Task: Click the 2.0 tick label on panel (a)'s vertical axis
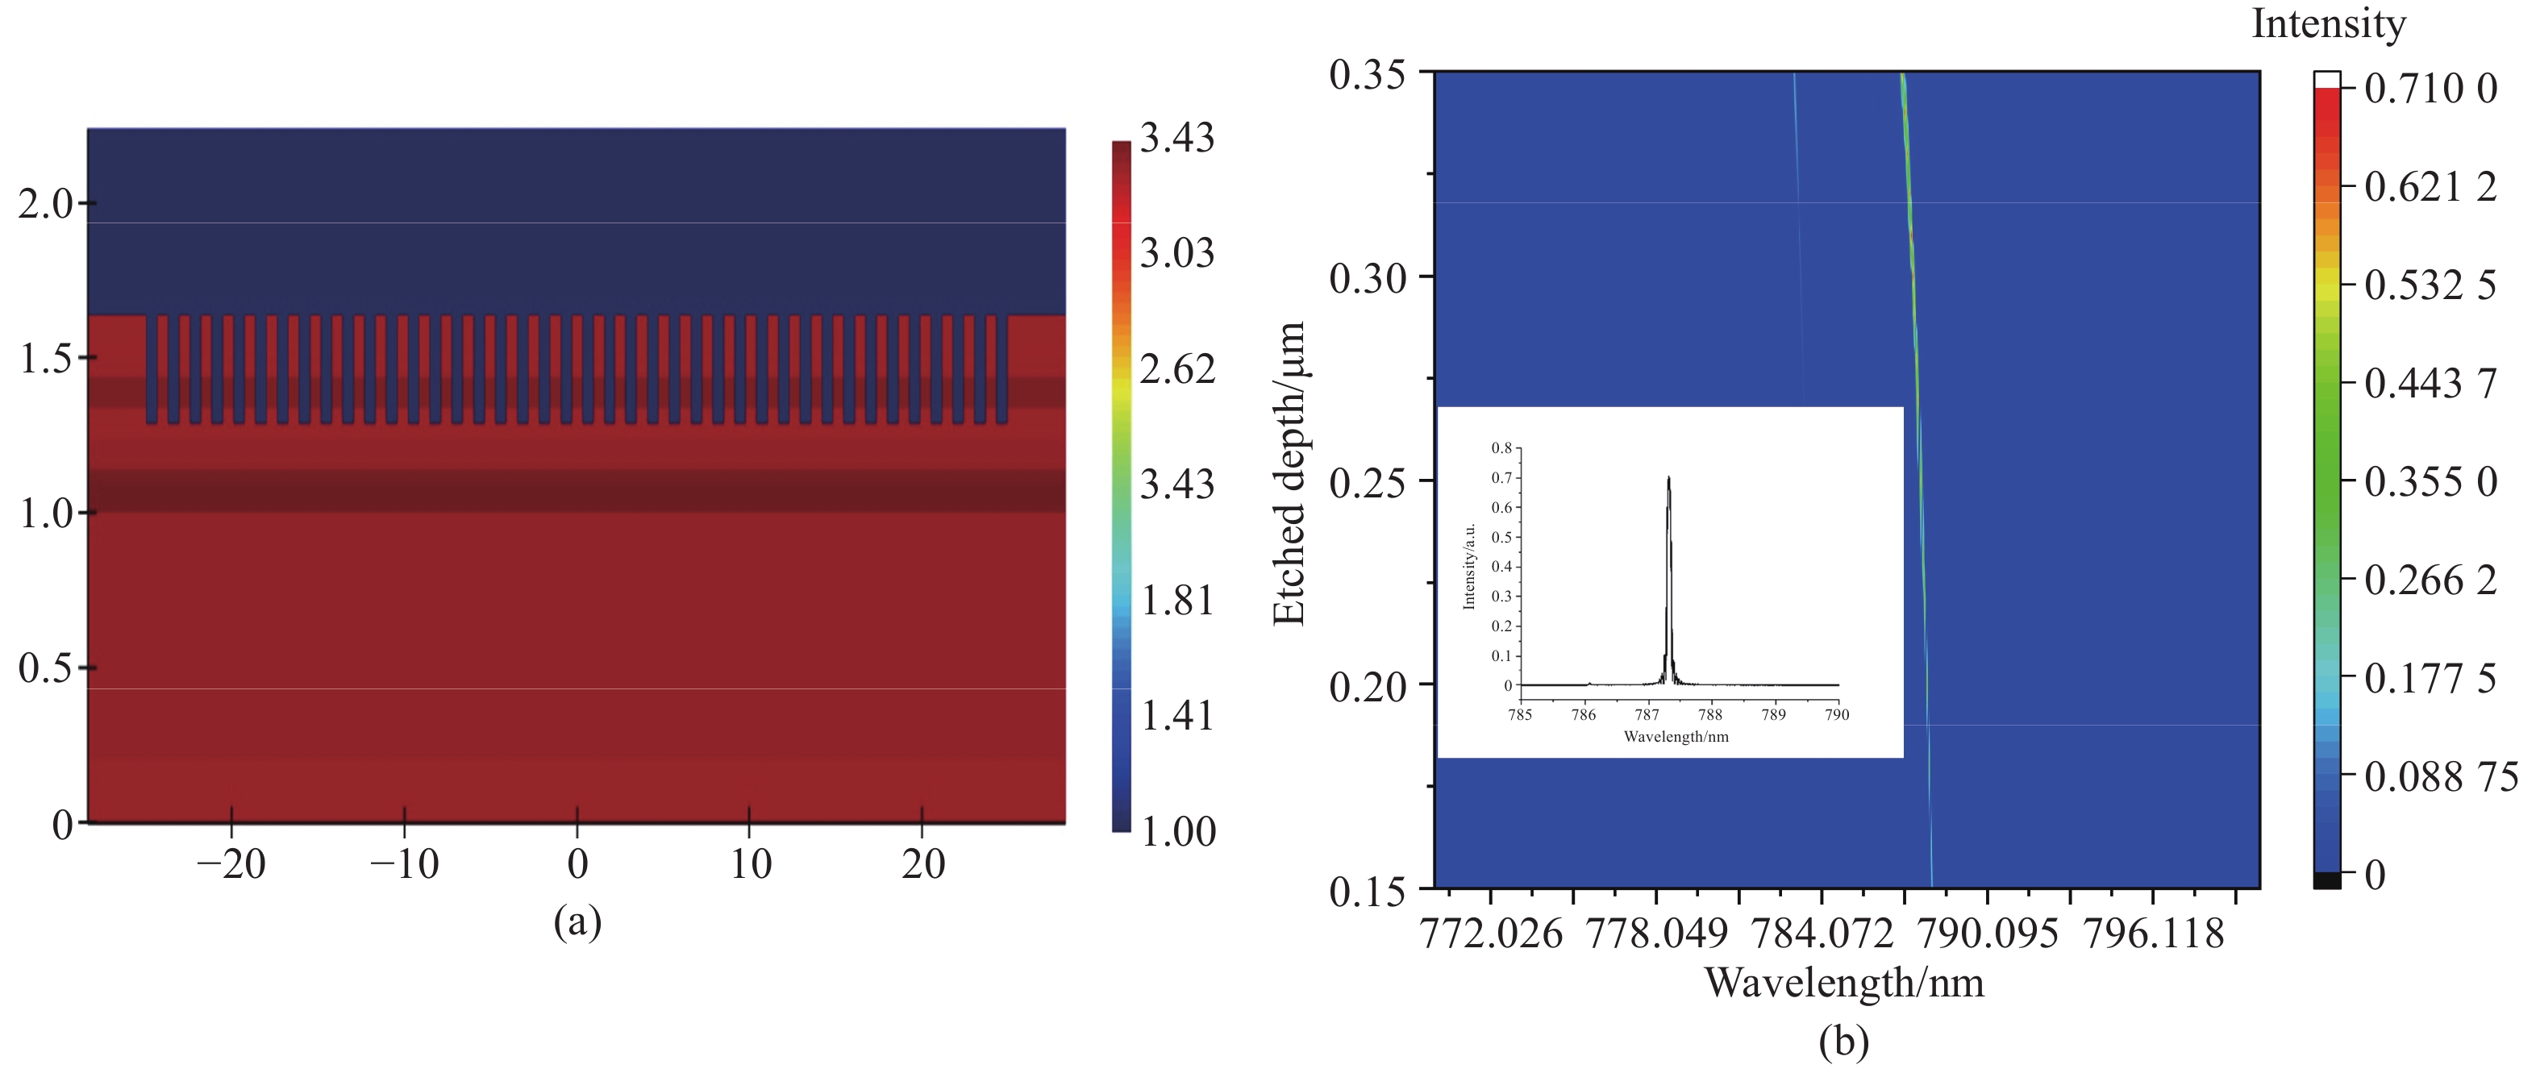45,204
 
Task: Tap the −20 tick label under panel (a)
231,864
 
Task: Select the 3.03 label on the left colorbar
1176,253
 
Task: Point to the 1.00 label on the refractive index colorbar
1178,831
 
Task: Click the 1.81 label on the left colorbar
1176,600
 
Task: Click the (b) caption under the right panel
1843,1042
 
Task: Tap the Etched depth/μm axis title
1289,473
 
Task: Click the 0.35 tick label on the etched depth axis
1367,74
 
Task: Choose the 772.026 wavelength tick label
1490,933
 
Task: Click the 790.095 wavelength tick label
1987,933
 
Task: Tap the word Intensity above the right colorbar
2328,23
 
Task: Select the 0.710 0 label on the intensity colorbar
2430,89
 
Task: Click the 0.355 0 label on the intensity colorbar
2430,481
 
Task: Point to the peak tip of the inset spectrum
1668,478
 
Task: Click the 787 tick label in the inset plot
1647,715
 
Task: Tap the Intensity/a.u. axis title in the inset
1469,566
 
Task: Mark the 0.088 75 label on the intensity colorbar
2440,777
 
